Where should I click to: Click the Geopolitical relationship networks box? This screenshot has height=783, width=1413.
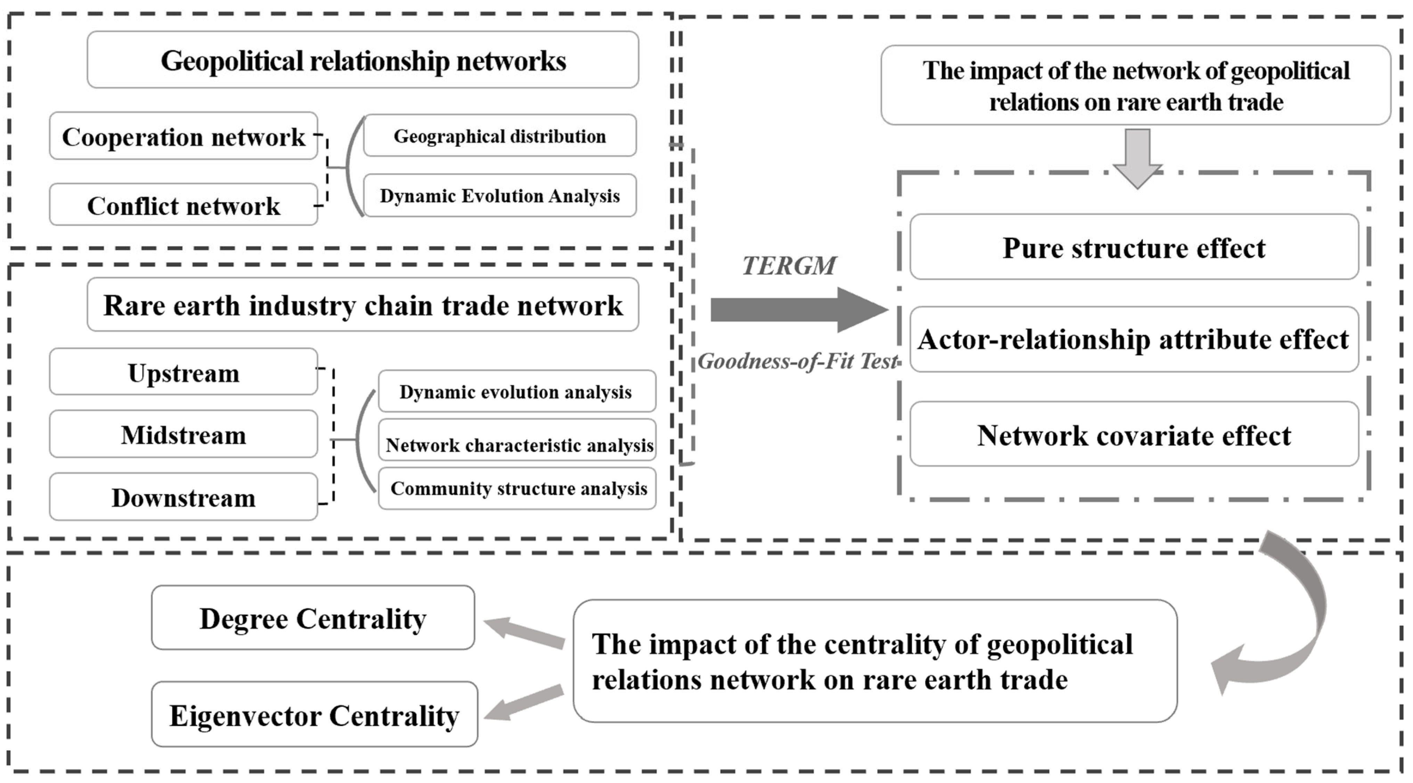coord(363,60)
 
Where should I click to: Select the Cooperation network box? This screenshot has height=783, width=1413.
coord(183,136)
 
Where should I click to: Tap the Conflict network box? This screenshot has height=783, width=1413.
coord(183,205)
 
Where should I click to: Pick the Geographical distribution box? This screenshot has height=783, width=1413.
coord(500,136)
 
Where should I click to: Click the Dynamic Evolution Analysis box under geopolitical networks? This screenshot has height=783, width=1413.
coord(500,195)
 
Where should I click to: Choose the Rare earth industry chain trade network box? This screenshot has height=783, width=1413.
coord(363,305)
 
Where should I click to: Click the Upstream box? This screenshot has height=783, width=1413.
coord(183,372)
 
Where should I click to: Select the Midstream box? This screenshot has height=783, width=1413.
coord(183,434)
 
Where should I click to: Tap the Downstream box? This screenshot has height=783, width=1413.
coord(183,497)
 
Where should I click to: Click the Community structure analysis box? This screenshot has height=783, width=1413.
coord(517,488)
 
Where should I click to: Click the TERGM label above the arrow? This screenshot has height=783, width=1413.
coord(789,266)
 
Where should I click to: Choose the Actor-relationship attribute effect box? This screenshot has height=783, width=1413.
coord(1134,339)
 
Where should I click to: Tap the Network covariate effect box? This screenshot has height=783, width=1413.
coord(1134,435)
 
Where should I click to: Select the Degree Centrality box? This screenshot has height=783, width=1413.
coord(312,618)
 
